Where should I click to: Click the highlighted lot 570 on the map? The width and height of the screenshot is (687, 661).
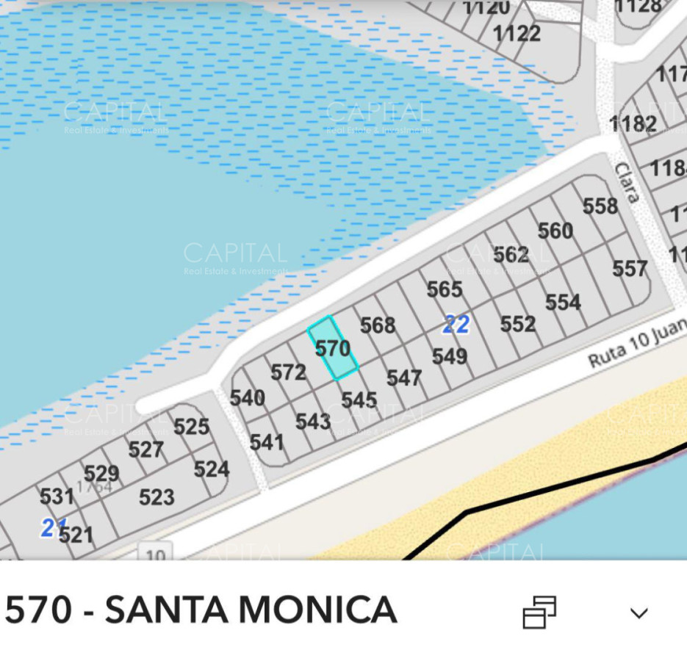click(x=333, y=348)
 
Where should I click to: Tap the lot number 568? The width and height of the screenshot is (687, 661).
click(x=378, y=325)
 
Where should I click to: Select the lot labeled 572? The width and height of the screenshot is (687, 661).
click(x=288, y=373)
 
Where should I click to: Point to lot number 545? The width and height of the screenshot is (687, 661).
click(x=359, y=400)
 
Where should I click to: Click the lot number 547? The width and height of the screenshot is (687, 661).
click(x=404, y=378)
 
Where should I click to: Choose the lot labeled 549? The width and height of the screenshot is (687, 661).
click(x=450, y=357)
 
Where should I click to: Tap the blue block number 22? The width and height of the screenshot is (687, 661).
click(x=456, y=324)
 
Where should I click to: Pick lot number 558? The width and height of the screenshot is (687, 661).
click(x=600, y=206)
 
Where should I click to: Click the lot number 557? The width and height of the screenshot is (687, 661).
click(x=630, y=269)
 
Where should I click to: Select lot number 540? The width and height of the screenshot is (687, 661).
click(x=248, y=398)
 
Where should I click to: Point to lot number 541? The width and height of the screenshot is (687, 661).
click(x=267, y=442)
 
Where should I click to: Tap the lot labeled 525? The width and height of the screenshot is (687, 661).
click(x=192, y=427)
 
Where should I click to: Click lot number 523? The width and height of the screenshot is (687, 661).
click(x=157, y=497)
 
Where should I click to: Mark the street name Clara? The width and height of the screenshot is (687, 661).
click(x=627, y=182)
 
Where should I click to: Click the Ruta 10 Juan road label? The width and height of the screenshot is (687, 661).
click(x=636, y=345)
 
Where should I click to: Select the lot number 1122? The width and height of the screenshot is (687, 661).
click(x=517, y=34)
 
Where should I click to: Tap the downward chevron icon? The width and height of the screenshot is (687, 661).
click(x=639, y=613)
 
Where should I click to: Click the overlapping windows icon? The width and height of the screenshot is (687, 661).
click(x=539, y=612)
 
